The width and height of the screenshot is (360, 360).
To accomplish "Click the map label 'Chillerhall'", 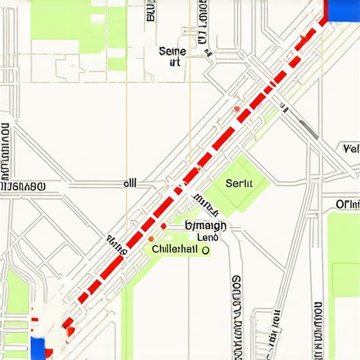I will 175,249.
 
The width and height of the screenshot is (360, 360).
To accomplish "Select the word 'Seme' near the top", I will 172,51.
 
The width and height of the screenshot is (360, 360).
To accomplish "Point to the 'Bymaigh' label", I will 205,226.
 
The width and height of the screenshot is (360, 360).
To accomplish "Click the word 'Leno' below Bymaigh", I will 207,237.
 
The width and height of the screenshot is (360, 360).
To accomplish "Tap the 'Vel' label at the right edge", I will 350,149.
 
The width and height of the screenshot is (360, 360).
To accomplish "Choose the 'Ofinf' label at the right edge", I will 347,205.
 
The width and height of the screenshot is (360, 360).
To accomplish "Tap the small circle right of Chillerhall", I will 206,249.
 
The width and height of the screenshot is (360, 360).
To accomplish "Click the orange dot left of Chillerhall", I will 150,239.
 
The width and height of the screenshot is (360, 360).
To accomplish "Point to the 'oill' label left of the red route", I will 130,183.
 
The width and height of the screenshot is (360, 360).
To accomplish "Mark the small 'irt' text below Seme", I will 175,63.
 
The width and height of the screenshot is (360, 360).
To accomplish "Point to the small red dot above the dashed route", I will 237,108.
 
